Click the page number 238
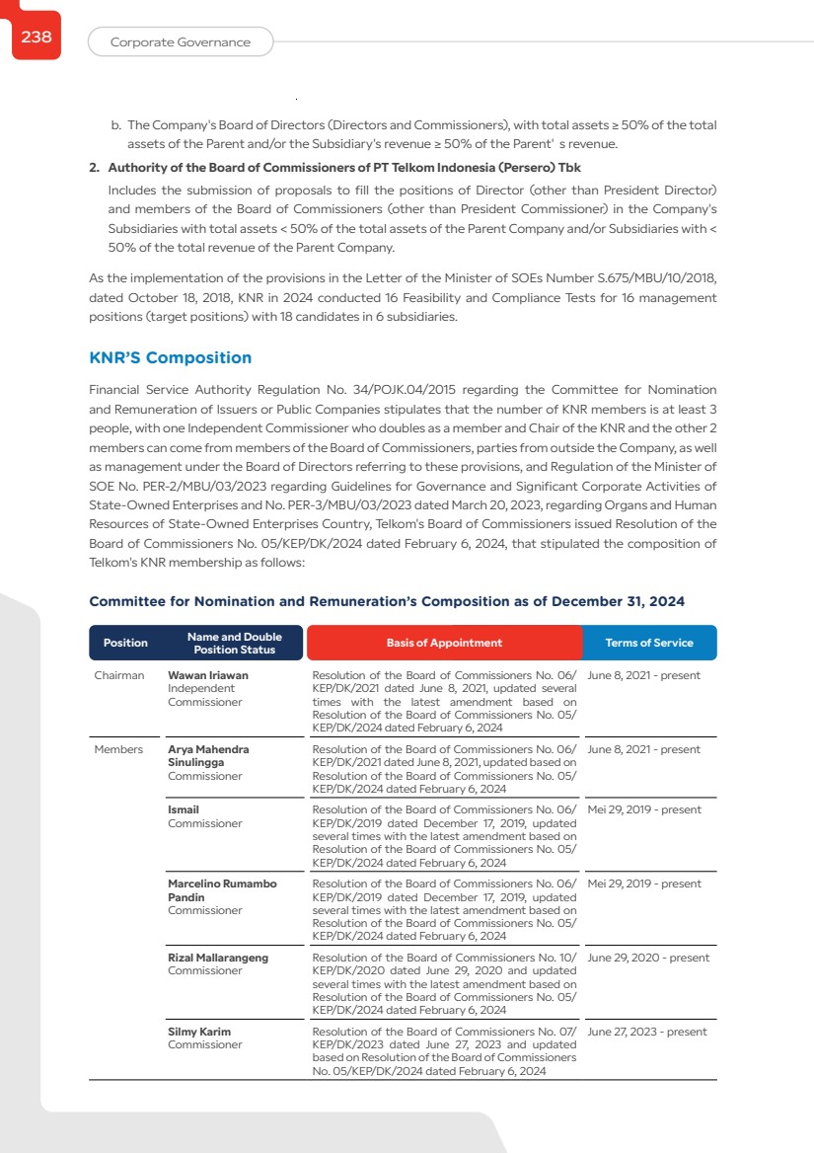(x=37, y=38)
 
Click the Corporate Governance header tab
(x=180, y=42)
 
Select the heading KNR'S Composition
(x=170, y=357)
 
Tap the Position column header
(x=125, y=643)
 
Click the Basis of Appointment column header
(x=444, y=643)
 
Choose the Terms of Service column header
(x=648, y=643)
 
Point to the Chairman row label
(x=119, y=675)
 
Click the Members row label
(x=118, y=749)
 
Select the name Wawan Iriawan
(x=208, y=675)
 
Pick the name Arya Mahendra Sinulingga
(x=208, y=756)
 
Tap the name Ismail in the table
(x=184, y=809)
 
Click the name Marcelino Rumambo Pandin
(x=222, y=890)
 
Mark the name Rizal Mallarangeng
(x=218, y=958)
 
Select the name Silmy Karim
(x=199, y=1032)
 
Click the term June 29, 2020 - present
(x=647, y=958)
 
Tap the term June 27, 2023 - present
(x=646, y=1032)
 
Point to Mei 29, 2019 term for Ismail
(x=643, y=809)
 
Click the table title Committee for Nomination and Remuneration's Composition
(x=387, y=601)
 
